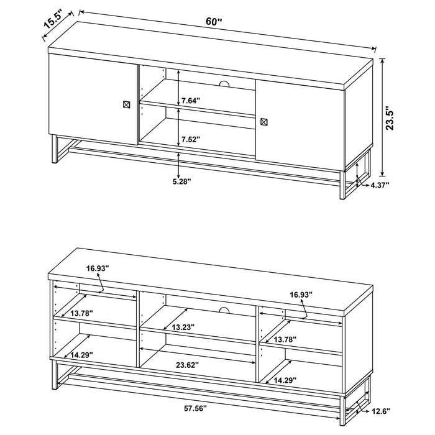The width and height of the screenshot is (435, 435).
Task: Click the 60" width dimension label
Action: (x=214, y=22)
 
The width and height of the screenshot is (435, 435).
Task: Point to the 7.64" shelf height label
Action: (x=191, y=99)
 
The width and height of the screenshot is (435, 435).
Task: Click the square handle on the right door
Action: (x=263, y=122)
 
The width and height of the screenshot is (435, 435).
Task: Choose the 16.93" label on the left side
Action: (x=98, y=268)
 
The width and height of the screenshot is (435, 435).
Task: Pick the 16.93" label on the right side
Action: (x=301, y=293)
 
